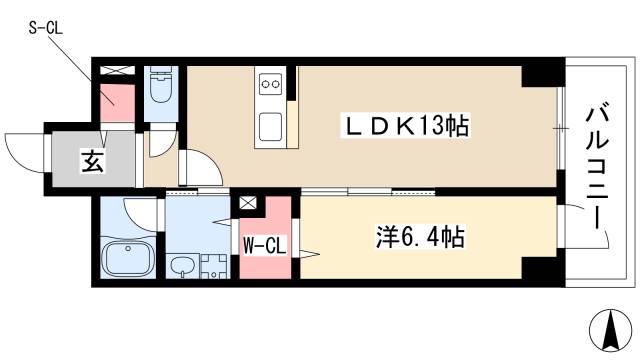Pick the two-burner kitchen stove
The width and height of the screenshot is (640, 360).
(x=271, y=86)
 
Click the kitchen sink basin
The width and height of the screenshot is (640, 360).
(x=271, y=127)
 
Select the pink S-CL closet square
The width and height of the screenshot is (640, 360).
(x=116, y=101)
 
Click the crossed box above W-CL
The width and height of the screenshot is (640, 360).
(x=248, y=203)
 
